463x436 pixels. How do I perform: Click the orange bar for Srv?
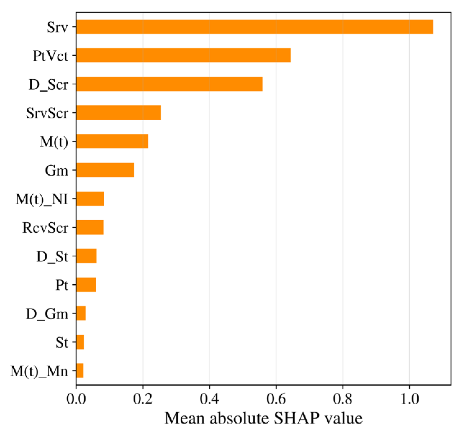254,27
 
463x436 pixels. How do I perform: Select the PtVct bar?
183,55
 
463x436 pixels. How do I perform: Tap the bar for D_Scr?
169,84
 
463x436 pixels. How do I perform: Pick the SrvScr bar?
118,112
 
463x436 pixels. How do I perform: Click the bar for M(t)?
112,141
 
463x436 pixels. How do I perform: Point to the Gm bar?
105,170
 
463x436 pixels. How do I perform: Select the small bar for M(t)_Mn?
80,370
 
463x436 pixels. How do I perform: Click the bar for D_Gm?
81,313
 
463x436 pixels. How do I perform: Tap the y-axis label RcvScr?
45,228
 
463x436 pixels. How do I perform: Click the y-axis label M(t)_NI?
42,199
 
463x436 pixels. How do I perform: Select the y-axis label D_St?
52,256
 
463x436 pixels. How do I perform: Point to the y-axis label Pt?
61,285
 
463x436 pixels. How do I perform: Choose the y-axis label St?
61,342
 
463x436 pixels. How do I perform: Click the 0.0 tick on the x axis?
76,399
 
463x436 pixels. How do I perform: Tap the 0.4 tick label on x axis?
209,399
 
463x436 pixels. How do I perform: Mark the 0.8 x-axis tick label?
343,399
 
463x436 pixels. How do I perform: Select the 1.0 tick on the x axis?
409,399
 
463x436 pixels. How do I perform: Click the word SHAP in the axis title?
297,418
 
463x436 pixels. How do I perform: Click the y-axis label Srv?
57,27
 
